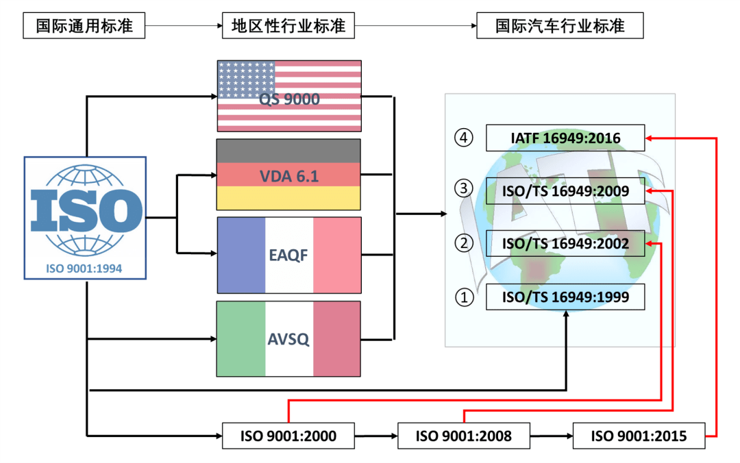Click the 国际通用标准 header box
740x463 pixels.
84,27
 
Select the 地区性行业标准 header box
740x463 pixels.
288,27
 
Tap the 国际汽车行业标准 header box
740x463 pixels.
560,27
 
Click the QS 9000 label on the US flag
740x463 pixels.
289,99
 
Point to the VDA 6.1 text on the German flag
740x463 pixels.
288,176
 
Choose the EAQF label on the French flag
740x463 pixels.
288,255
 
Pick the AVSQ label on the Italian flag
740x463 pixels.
288,339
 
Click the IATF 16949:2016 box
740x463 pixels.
565,138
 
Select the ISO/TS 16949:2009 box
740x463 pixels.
565,191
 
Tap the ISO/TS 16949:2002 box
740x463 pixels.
565,243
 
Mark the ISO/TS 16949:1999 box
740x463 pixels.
565,297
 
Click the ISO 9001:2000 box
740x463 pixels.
288,436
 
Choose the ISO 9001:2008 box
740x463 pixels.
464,436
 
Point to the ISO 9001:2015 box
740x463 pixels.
639,436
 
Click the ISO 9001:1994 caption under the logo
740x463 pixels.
85,268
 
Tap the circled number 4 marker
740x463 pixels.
465,138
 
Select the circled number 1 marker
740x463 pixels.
465,298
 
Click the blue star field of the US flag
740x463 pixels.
246,76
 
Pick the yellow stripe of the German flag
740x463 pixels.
288,198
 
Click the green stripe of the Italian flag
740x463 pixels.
241,339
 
